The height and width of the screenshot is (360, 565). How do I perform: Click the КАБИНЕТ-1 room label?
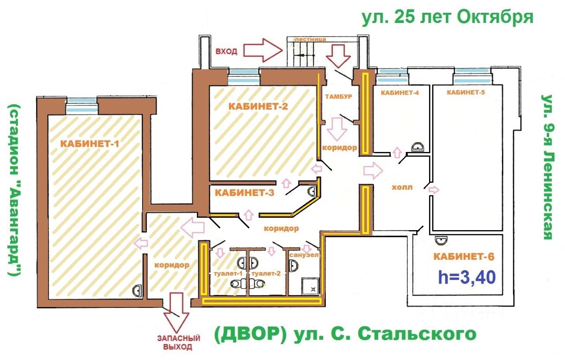coord(90,144)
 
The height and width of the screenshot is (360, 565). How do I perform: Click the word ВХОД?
coord(226,51)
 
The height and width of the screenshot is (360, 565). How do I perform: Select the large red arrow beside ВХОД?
coord(263,50)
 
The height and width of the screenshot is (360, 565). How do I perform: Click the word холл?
coord(402,187)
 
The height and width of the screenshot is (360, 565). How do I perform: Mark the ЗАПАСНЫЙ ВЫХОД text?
coord(178,343)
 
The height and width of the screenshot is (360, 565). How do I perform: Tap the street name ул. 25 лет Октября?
coord(448,17)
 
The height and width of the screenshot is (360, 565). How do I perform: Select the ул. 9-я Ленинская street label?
coord(547,167)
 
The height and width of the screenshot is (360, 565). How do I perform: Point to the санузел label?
coord(304,255)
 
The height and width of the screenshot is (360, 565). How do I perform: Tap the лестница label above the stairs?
coord(310,39)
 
